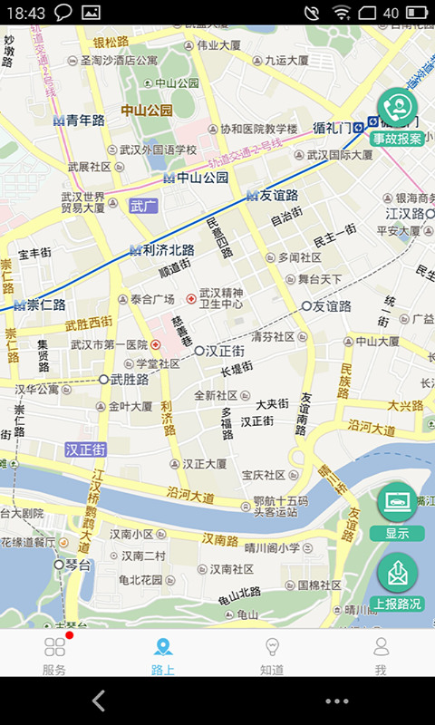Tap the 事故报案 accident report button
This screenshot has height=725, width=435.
[x=397, y=118]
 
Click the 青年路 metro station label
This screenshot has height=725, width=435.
[x=79, y=120]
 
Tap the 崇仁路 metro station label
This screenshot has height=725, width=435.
[x=40, y=304]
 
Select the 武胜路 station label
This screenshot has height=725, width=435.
[x=124, y=379]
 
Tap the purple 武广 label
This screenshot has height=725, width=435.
[x=143, y=206]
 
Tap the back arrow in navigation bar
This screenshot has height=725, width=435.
[x=99, y=700]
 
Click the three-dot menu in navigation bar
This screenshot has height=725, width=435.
[x=336, y=701]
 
